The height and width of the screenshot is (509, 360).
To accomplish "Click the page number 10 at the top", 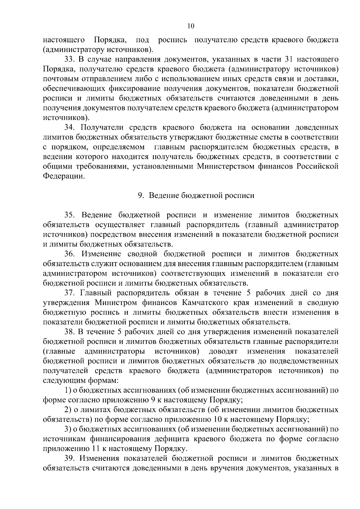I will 191,26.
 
